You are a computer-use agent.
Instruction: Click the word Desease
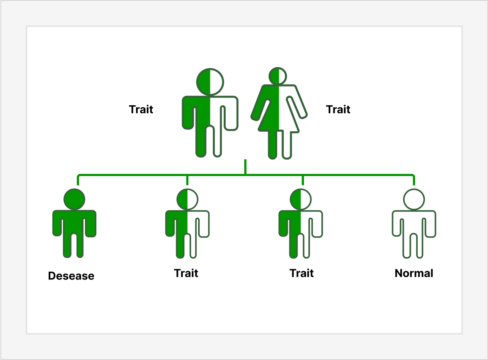71,276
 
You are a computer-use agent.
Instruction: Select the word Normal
414,273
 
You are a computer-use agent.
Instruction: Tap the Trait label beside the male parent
141,109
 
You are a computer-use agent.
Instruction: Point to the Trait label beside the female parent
338,109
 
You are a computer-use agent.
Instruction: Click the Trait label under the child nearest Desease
186,273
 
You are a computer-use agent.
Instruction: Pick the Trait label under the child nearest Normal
302,273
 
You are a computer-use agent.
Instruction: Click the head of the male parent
210,81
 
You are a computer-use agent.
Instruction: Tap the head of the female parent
279,76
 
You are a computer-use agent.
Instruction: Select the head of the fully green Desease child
74,199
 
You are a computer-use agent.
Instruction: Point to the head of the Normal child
414,199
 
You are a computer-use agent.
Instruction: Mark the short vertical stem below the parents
245,167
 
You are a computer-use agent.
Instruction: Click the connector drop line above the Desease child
78,180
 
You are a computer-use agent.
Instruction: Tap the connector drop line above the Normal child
414,180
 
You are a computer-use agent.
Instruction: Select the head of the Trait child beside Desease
187,199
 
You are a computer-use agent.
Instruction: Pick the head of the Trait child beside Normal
300,199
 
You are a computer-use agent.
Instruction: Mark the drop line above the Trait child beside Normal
302,180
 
